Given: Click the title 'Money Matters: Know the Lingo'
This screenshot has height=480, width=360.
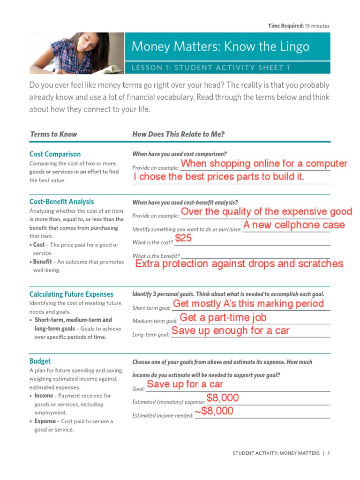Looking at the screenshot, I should tap(220, 46).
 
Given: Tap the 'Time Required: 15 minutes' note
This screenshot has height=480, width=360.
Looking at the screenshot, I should tap(299, 26).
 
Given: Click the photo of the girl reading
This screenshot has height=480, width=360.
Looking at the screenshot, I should tap(77, 53).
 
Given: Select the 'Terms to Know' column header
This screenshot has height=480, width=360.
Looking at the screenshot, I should tap(53, 134).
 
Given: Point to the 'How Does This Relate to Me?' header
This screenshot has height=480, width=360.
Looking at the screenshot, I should tap(179, 134).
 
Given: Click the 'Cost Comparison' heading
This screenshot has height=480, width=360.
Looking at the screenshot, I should tap(55, 154).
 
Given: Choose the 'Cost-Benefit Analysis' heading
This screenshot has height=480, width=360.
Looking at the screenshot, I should tap(61, 202).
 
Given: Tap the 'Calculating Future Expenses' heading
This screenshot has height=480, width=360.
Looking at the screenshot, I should tap(71, 294).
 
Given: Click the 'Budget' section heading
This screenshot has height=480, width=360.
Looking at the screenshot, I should tap(40, 361).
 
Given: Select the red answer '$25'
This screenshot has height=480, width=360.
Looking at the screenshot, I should tap(183, 239).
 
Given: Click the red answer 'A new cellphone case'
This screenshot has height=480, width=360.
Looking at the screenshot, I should tap(294, 225).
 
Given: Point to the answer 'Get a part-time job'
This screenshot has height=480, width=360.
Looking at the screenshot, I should tap(223, 317).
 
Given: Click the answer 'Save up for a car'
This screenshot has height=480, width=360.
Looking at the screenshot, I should tap(185, 384).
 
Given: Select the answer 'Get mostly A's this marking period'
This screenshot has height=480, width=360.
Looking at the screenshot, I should tap(248, 304).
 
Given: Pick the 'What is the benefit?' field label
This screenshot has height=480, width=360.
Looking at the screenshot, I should tap(156, 256).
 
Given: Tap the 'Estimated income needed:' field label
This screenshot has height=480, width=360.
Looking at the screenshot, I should tap(163, 415).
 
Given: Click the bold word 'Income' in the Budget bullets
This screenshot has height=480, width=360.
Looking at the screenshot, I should tap(44, 396).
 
